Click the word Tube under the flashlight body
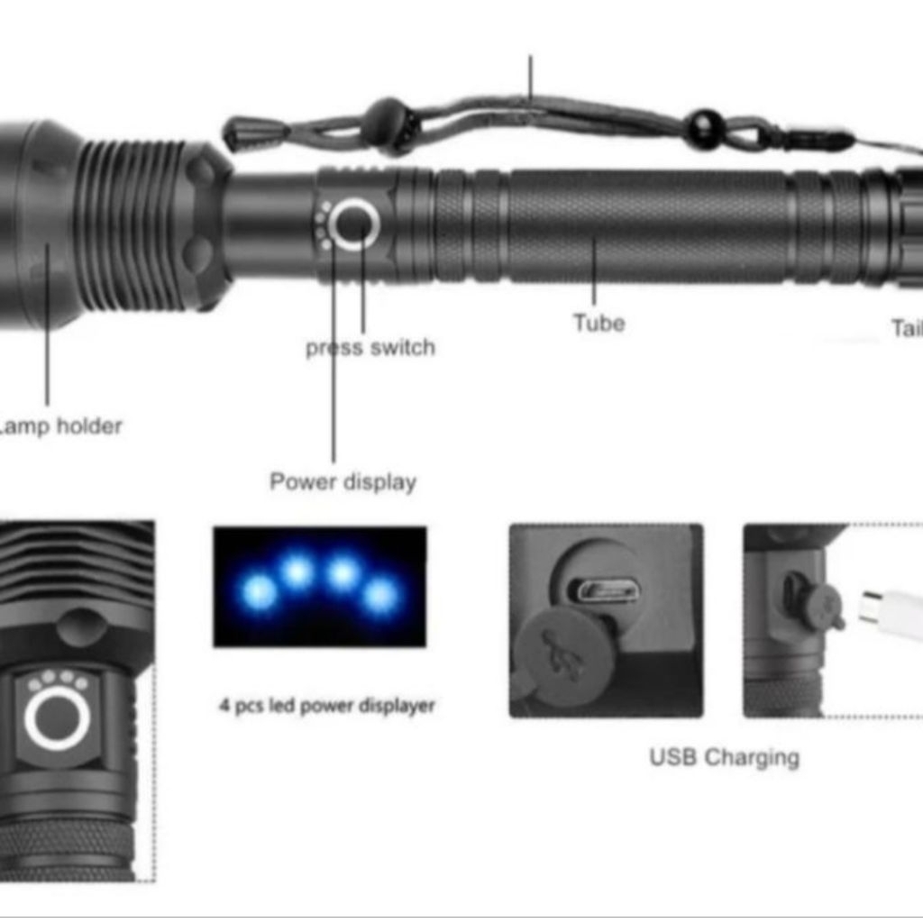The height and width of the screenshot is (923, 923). [x=599, y=323]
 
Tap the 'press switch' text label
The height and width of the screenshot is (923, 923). [x=370, y=348]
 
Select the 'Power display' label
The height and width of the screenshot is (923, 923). [x=343, y=481]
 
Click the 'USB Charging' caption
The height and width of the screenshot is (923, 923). [x=724, y=757]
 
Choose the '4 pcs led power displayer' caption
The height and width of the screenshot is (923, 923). [x=326, y=706]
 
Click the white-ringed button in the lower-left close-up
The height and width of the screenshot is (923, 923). [x=57, y=718]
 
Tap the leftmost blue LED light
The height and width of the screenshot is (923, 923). [x=259, y=592]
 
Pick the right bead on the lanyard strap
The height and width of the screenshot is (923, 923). [x=705, y=129]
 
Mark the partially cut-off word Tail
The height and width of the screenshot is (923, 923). [x=906, y=328]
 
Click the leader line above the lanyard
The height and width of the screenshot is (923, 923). [x=530, y=77]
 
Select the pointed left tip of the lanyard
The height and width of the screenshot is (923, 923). [x=231, y=137]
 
